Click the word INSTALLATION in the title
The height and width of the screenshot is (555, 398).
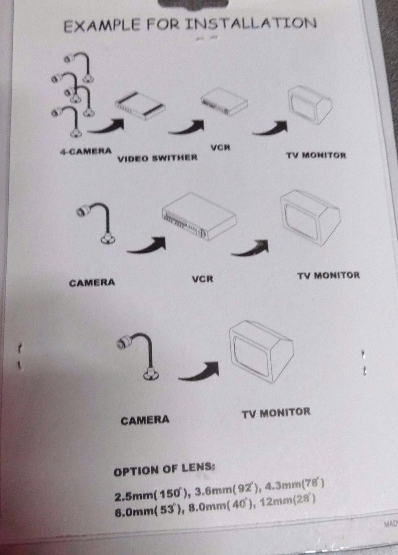(x=251, y=24)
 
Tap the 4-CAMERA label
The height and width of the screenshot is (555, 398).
(x=86, y=151)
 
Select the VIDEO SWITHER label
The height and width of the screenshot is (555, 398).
(x=157, y=158)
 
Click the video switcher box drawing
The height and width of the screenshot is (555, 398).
(x=141, y=106)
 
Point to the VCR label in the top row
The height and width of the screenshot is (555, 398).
(x=220, y=147)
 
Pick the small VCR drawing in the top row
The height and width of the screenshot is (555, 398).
(x=224, y=101)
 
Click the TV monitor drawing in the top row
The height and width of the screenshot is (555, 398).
(x=310, y=105)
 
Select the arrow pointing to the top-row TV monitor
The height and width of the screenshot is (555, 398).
(x=271, y=128)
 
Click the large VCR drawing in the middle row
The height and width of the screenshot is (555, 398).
(x=199, y=216)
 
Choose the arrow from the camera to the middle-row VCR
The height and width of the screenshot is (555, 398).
(x=147, y=245)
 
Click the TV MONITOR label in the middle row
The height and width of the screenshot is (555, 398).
(x=329, y=276)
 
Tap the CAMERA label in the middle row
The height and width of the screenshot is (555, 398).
(x=92, y=283)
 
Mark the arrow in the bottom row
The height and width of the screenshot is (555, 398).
(x=199, y=371)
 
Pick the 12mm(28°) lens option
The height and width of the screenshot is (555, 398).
(x=287, y=501)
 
